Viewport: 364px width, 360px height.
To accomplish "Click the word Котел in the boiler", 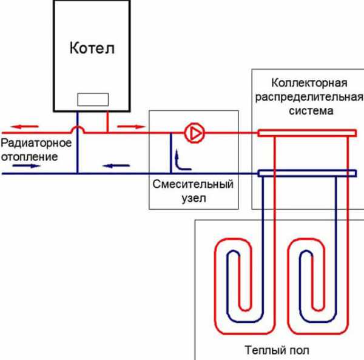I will click(92, 47).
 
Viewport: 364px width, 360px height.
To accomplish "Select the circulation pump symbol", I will click(194, 133).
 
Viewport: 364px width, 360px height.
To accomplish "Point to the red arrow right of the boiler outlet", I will click(127, 127).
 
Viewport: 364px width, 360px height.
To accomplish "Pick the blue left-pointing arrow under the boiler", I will click(112, 164).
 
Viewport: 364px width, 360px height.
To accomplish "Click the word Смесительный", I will click(193, 184).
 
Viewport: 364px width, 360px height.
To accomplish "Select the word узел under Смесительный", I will click(193, 198).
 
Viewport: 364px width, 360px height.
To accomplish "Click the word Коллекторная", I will click(309, 83).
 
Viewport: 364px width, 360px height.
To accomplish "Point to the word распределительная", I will click(309, 97).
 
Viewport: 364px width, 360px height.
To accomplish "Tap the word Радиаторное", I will click(36, 144).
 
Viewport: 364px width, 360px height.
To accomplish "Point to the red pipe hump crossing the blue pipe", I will click(78, 129).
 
